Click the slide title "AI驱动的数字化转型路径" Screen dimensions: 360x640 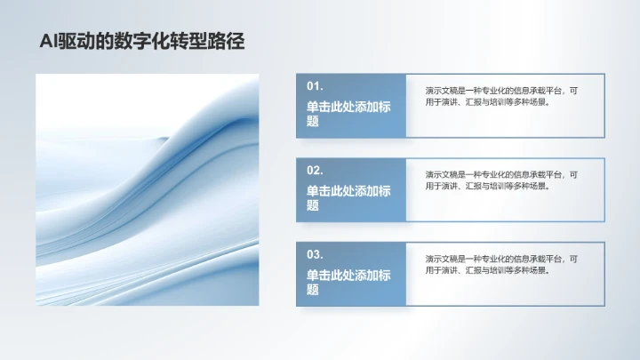(x=142, y=41)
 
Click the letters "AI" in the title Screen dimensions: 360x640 (x=50, y=41)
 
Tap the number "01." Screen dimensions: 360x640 (x=315, y=86)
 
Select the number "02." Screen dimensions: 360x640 (x=315, y=170)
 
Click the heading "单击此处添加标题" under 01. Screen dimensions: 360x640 (x=348, y=114)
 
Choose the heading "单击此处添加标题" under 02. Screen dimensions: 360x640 (x=348, y=197)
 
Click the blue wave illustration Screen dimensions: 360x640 (x=147, y=189)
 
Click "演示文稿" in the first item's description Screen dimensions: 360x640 (x=440, y=91)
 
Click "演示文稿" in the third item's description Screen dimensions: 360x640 (x=440, y=259)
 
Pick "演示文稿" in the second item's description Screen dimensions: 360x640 (x=440, y=175)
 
